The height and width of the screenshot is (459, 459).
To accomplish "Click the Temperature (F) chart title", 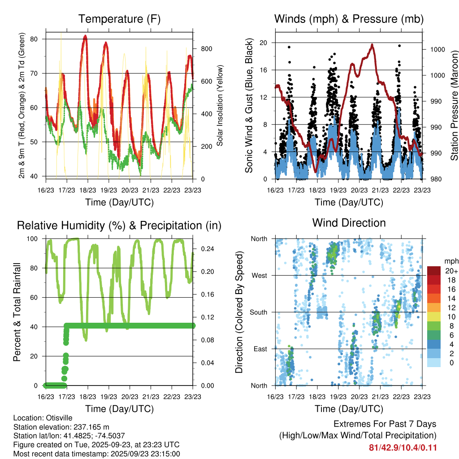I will tap(119, 19).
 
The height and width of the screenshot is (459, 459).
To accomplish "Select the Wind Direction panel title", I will tap(349, 223).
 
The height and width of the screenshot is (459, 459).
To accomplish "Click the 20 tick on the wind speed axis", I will tap(264, 43).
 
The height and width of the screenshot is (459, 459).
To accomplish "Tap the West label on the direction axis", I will tap(260, 276).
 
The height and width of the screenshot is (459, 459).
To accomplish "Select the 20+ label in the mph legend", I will tap(451, 271).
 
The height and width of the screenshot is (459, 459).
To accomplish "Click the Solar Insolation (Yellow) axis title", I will tap(220, 106).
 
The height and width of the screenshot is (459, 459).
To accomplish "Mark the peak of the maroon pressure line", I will tap(372, 44).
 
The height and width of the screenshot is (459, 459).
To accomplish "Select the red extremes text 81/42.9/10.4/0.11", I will tap(403, 448).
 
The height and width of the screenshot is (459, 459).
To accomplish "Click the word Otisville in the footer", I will tap(57, 418).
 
